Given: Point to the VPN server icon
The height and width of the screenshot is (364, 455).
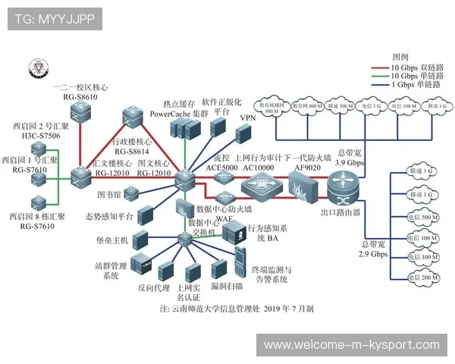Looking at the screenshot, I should [x=245, y=134].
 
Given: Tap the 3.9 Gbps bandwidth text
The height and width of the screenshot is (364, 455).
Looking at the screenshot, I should [x=350, y=163].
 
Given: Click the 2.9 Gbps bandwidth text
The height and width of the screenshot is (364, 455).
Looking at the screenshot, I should [x=373, y=255].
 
